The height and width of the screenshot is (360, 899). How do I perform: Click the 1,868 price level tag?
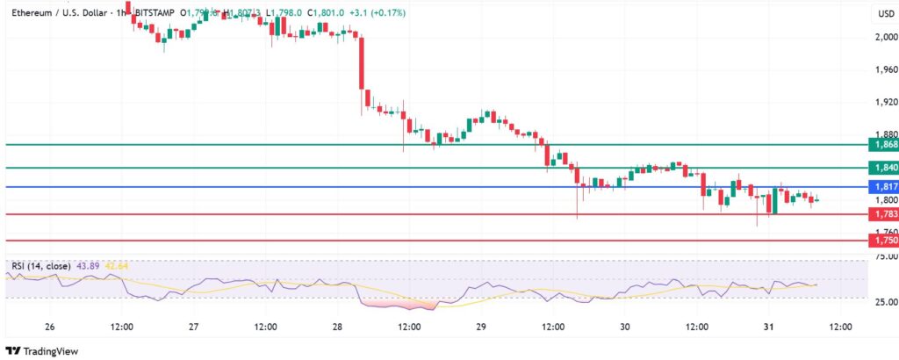click(882, 144)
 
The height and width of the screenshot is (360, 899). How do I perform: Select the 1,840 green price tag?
click(882, 167)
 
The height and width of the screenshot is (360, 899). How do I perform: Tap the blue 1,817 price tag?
click(882, 187)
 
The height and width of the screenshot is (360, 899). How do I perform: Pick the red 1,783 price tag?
click(882, 213)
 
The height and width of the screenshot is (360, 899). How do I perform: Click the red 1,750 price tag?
click(882, 240)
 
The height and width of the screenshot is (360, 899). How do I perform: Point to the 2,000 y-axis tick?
click(884, 37)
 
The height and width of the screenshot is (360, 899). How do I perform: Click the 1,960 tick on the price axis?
click(884, 69)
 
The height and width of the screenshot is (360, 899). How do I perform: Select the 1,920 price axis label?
click(884, 103)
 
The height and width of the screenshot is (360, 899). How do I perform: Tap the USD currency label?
click(884, 13)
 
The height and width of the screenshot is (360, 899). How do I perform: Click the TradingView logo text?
click(52, 350)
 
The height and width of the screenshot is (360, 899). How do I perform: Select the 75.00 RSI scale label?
click(884, 257)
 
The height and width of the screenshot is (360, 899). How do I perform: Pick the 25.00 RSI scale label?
click(884, 302)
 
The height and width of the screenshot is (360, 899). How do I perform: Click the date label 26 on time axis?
click(50, 327)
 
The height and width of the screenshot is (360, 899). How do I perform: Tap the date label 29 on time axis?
click(480, 327)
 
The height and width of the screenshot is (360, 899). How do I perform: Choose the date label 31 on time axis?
click(767, 327)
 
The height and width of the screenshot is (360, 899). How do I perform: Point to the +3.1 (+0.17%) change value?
click(374, 13)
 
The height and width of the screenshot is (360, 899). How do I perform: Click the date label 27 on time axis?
click(194, 327)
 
